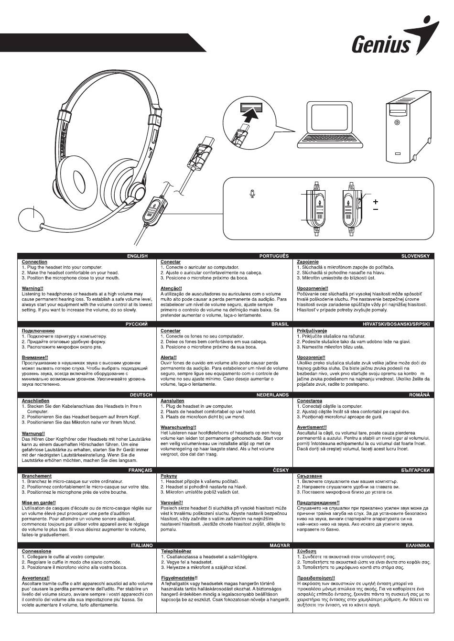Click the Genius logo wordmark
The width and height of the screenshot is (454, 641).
point(380,45)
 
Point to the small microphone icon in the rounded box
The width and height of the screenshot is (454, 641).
point(252,194)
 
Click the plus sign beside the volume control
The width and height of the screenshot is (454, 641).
point(376,202)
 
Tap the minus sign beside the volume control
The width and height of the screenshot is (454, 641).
point(376,209)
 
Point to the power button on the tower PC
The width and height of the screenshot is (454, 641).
point(397,123)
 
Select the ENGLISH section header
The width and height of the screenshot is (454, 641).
point(137,256)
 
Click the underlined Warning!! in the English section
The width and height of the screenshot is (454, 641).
point(32,288)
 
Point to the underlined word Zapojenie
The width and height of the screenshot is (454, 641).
point(308,262)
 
